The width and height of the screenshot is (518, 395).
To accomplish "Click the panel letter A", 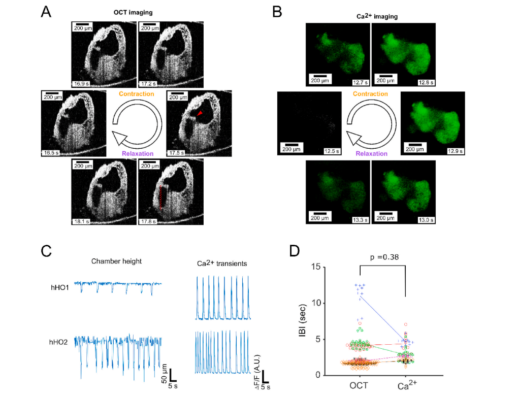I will tap(46, 12).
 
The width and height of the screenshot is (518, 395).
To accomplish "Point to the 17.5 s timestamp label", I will tap(177, 152).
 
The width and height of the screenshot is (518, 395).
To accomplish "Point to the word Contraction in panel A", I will tap(137, 94).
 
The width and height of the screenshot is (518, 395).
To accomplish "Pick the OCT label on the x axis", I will tap(359, 385).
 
